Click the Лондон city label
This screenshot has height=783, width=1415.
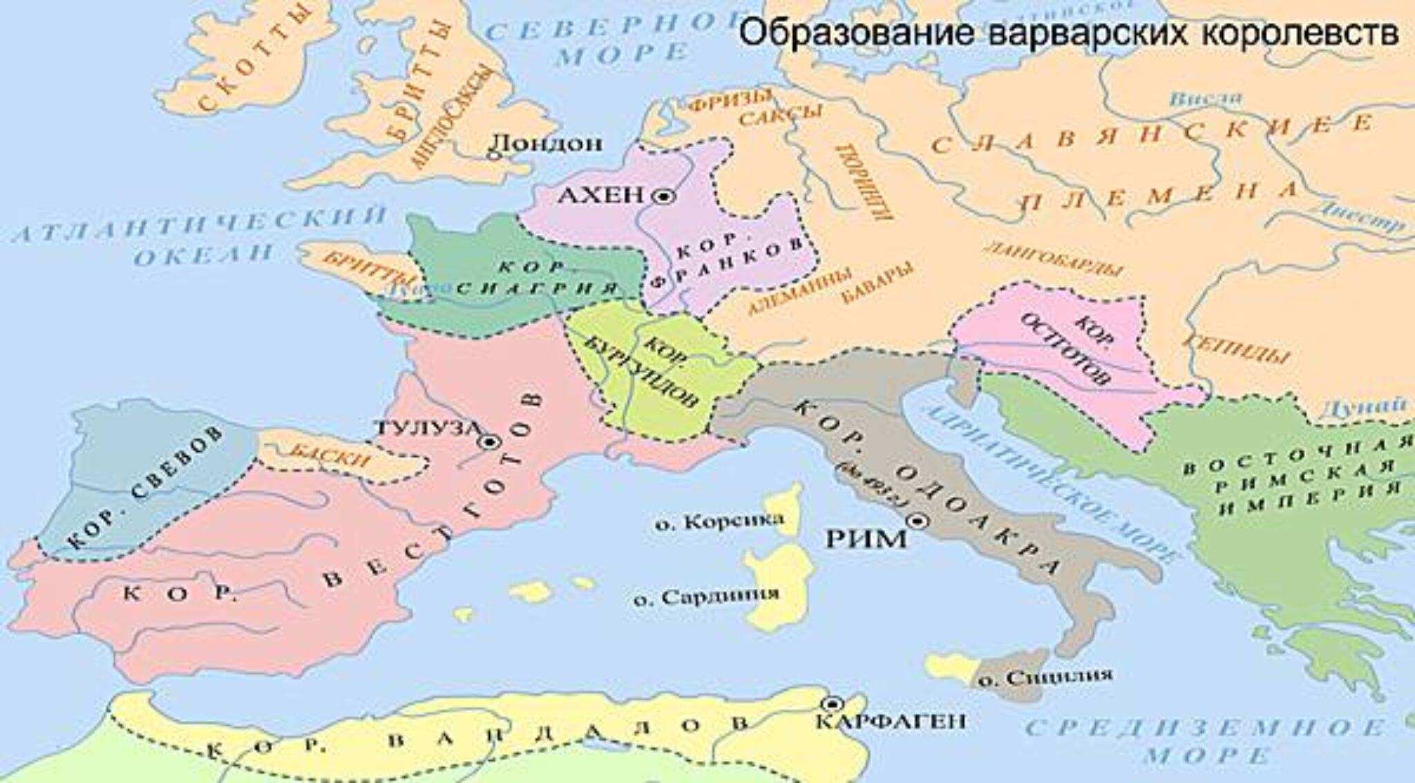tap(545, 143)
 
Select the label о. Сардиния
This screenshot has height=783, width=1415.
tap(706, 595)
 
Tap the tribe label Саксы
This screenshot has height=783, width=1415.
tap(781, 117)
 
